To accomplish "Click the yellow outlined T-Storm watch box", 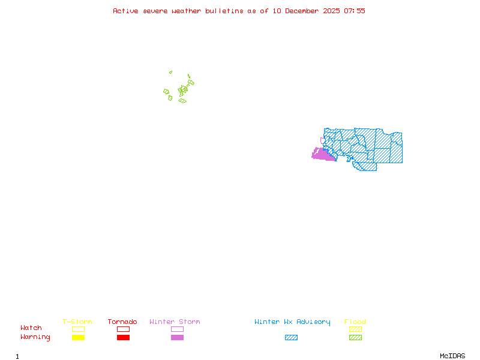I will coord(78,329).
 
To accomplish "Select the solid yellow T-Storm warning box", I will coord(78,338).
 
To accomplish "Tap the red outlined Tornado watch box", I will coord(123,329).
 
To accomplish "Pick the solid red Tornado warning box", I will coord(123,338).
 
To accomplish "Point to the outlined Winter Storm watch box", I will coord(177,329).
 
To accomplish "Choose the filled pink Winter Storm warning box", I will coord(177,338).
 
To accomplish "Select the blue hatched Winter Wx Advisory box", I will coord(291,338).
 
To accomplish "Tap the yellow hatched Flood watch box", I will coord(355,329).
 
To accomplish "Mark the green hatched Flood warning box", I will coord(355,338).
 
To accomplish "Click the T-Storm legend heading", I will coord(77,322).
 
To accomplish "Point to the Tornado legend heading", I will coord(122,322).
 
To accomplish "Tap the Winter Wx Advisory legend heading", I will coord(292,322).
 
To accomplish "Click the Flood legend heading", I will coord(355,322).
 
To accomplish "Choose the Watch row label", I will coord(31,328).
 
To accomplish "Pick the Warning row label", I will coord(35,337).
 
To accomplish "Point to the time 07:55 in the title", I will coord(355,11).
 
